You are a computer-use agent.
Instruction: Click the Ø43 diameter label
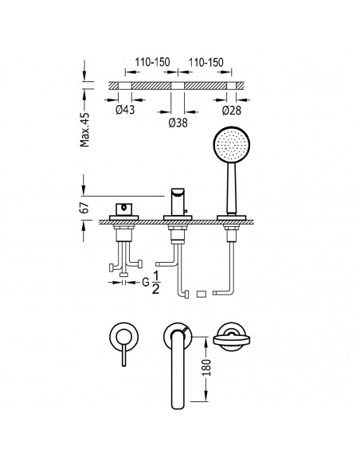click(125, 110)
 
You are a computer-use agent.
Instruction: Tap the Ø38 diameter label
click(178, 123)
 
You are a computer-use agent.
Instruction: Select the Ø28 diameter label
click(232, 111)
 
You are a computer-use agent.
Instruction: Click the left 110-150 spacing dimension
click(152, 62)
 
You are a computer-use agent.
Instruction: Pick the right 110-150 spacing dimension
click(206, 62)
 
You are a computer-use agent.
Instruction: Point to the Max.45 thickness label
click(84, 130)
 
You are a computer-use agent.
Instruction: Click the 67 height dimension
click(84, 208)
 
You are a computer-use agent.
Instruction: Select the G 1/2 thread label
click(151, 283)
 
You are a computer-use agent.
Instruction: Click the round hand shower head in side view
click(232, 144)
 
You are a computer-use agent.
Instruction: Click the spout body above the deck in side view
click(178, 202)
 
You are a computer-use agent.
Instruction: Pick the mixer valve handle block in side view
click(123, 209)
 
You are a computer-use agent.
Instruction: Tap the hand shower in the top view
click(232, 338)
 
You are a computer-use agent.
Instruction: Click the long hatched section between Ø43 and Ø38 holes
click(151, 86)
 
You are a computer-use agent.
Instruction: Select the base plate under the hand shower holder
click(232, 217)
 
